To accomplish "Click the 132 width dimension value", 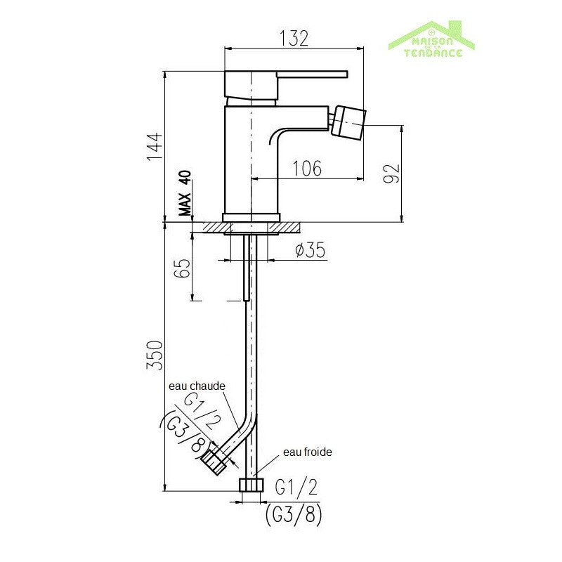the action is point(294,39).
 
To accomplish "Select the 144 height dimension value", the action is point(155,147).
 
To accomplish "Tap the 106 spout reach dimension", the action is point(307,168).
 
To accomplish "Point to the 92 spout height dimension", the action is point(391,173).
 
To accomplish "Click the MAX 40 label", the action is point(185,192).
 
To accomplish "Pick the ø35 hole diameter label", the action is point(311,249).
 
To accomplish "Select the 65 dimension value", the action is point(182,268).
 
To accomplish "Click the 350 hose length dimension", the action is point(155,355).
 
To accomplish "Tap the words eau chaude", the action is point(197,386).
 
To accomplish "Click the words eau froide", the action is point(308,452).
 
